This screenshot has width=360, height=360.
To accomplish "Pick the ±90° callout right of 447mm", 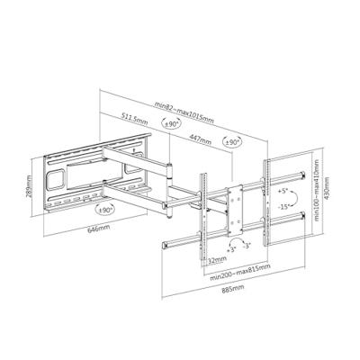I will tap(231, 143).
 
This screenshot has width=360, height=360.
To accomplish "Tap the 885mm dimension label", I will tap(230, 291).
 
